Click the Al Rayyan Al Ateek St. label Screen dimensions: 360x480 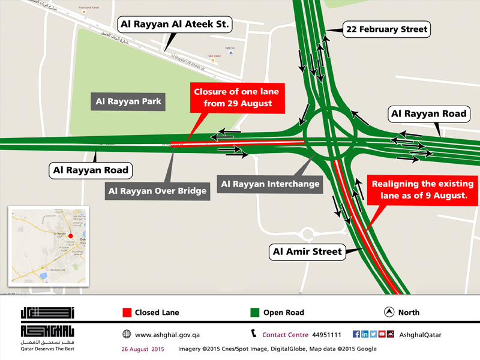point(176,25)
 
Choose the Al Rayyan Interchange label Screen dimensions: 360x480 point(270,184)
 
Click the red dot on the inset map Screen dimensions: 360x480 point(70,236)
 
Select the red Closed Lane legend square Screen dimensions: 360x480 point(127,313)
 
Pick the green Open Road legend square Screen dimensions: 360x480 point(254,313)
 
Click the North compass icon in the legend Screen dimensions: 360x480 point(389,313)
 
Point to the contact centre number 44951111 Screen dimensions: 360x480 point(327,334)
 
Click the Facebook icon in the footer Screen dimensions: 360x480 point(356,334)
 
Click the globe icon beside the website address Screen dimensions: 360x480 point(127,334)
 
